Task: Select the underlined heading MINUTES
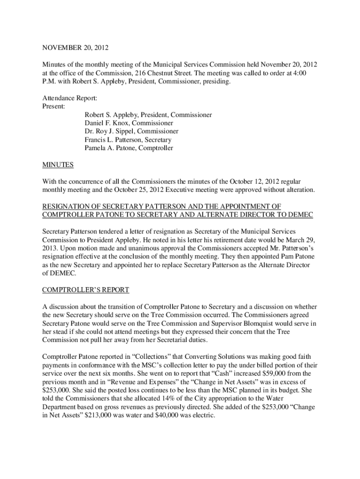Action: coord(58,165)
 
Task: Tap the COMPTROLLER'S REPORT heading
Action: coord(86,290)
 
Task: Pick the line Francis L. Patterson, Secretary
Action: coord(128,140)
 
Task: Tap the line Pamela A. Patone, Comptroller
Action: coord(129,148)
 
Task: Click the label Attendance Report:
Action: coord(70,98)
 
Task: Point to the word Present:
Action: coord(54,107)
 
